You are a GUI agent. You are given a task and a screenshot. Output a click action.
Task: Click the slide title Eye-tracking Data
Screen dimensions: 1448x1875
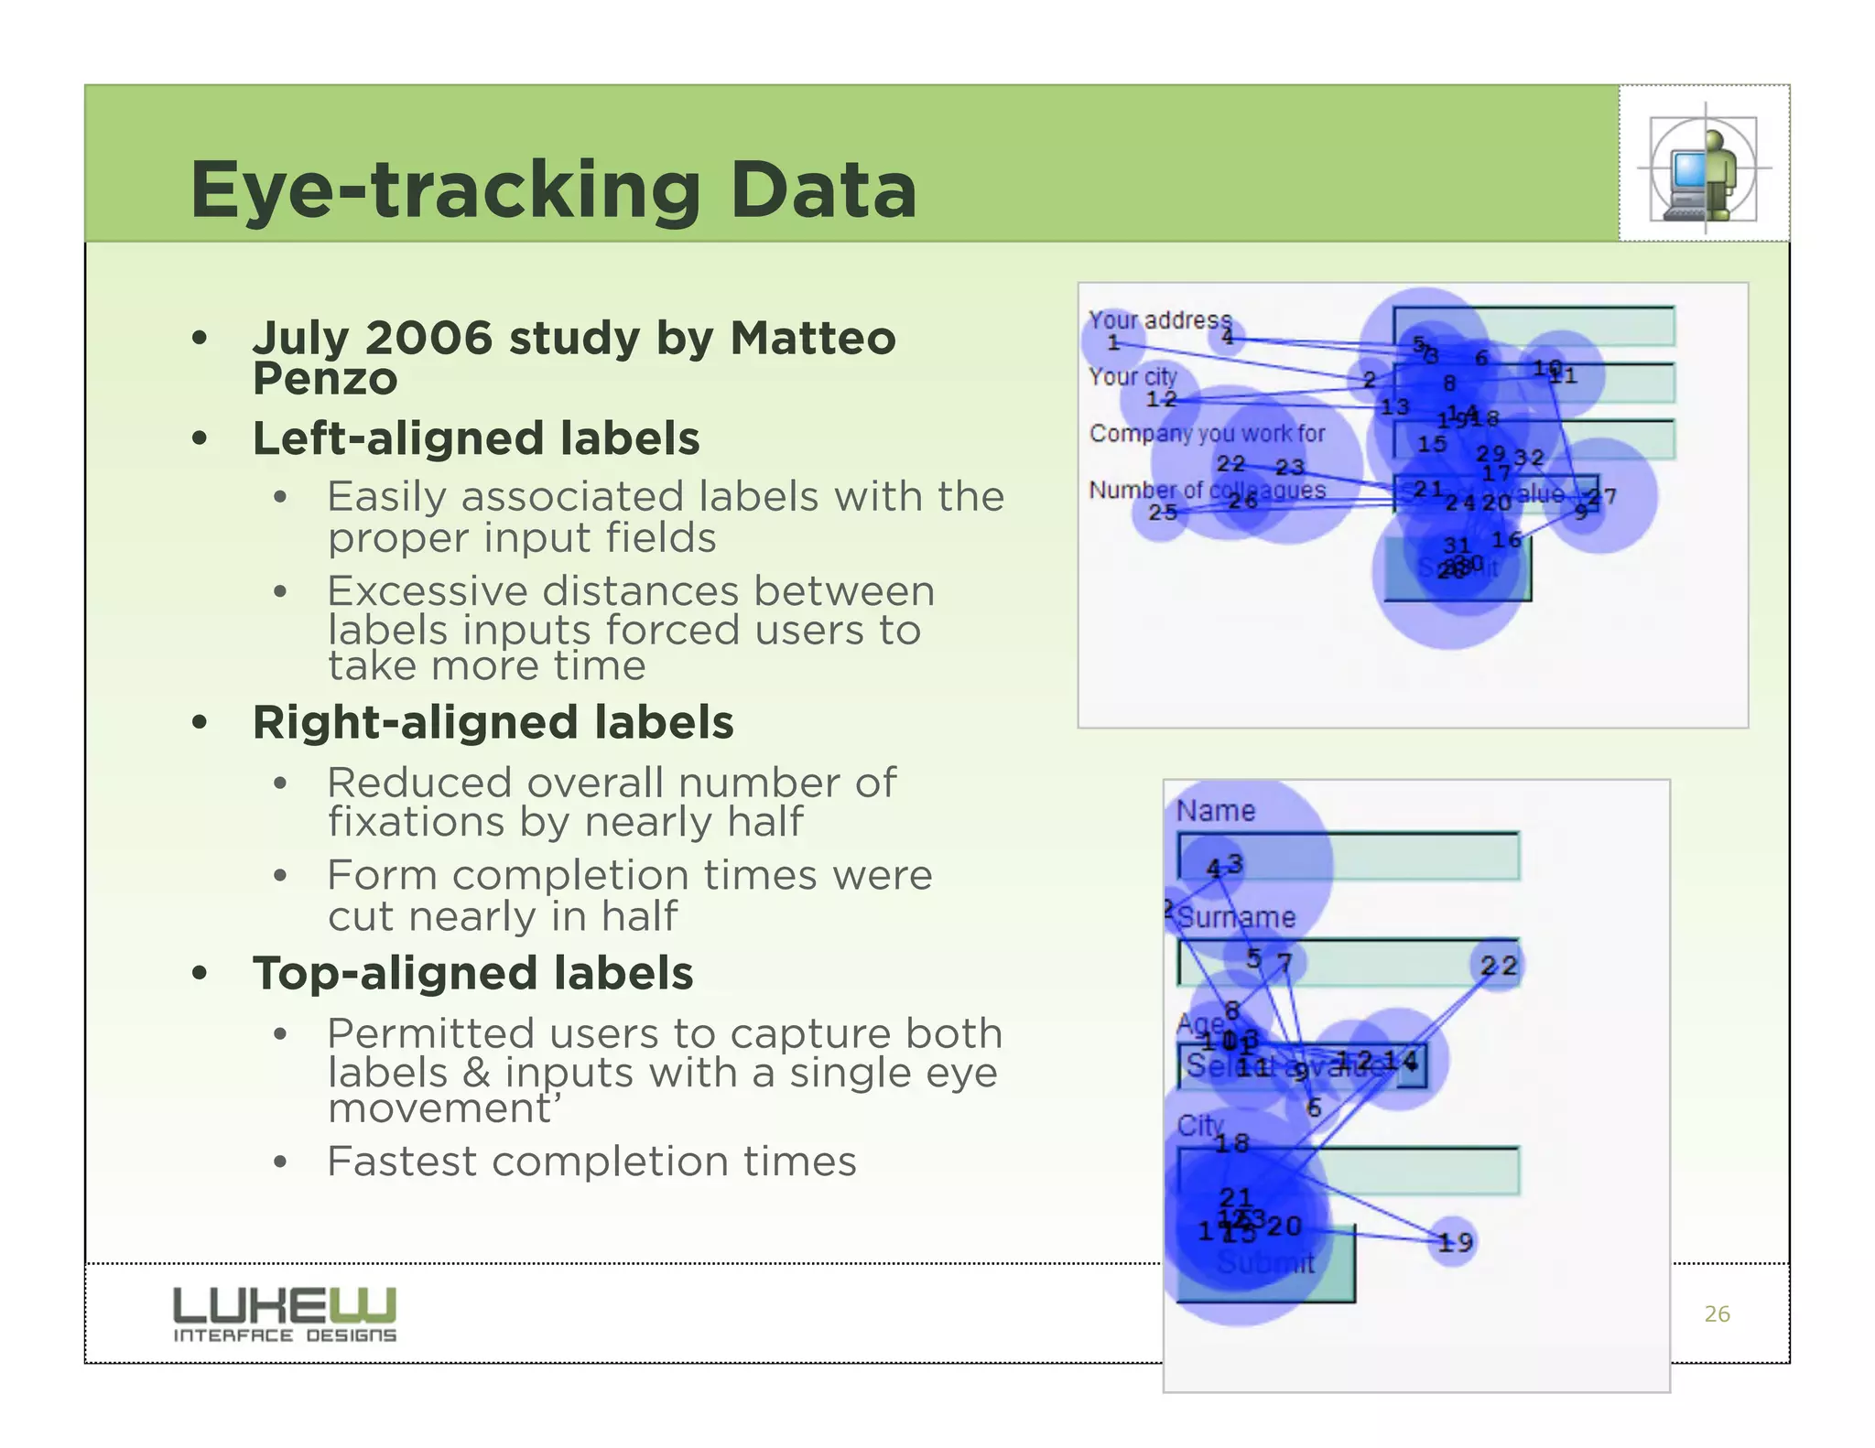553,189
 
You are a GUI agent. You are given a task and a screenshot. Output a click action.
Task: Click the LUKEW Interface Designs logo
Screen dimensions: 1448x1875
285,1314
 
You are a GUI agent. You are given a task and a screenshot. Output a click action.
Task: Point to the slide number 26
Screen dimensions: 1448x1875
1717,1314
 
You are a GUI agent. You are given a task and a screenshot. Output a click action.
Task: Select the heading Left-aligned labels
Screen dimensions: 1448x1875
476,438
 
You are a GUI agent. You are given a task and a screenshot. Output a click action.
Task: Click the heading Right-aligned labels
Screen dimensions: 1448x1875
493,722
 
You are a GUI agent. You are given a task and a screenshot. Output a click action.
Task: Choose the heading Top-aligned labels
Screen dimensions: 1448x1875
472,973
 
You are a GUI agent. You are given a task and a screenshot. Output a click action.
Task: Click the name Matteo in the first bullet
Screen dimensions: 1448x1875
812,338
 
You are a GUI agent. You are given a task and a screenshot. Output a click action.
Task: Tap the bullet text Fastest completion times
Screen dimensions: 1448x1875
591,1162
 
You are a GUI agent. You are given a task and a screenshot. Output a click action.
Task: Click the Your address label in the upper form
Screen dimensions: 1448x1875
1159,319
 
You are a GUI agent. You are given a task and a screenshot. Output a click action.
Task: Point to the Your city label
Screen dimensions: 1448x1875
1133,376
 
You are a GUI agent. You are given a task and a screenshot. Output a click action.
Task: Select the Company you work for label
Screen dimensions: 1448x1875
1207,433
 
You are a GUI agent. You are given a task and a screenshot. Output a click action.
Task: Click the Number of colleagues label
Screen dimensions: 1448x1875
1207,491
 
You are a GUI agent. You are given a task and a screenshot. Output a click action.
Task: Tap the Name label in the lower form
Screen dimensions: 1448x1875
1215,811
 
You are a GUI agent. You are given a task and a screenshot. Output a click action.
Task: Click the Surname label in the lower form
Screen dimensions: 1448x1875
1237,917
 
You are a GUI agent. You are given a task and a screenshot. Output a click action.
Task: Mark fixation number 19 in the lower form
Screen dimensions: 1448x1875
1454,1242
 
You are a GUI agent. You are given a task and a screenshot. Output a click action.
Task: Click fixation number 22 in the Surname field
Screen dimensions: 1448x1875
1499,966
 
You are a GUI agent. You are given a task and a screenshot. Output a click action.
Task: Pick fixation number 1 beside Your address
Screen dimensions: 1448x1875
1113,343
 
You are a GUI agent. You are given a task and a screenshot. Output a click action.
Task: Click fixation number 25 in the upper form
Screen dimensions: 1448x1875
1163,513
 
